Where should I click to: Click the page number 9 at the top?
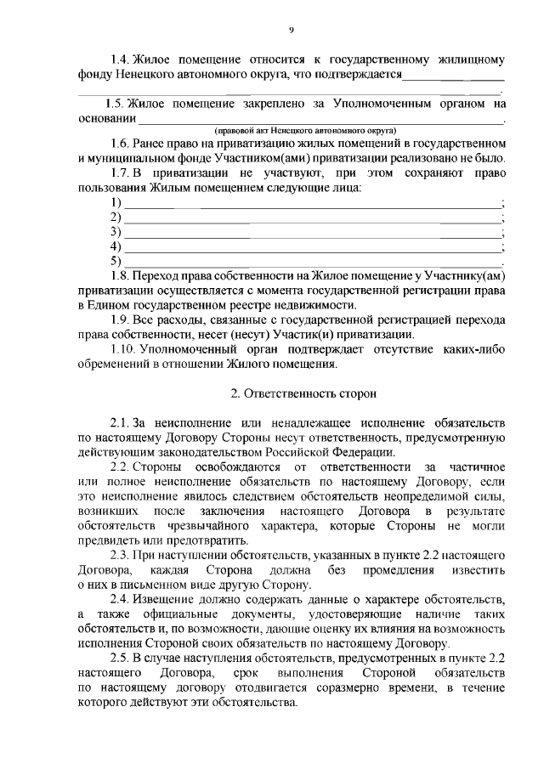[290, 30]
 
